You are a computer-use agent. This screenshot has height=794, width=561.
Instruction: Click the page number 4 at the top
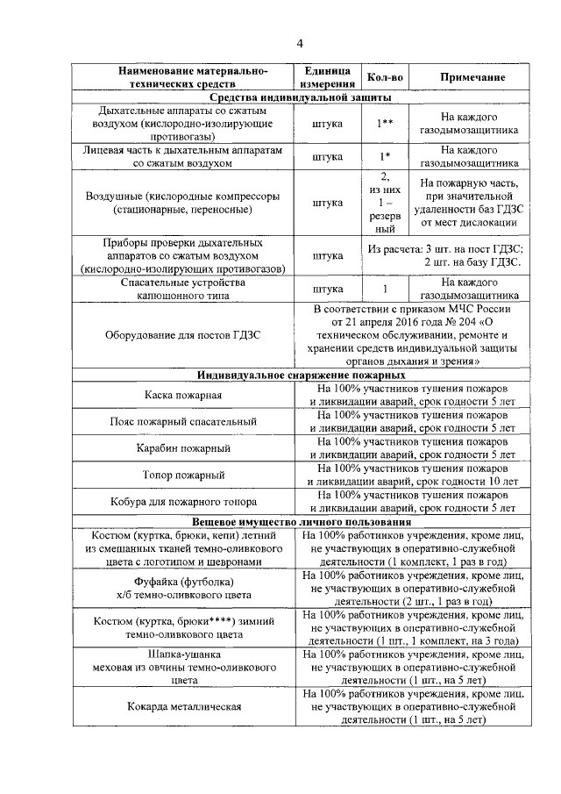[x=299, y=44]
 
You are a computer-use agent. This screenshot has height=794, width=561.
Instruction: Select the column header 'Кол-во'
[x=384, y=78]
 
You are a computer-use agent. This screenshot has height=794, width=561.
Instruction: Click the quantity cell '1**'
[x=384, y=124]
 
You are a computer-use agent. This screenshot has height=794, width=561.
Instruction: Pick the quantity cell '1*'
[x=384, y=157]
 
